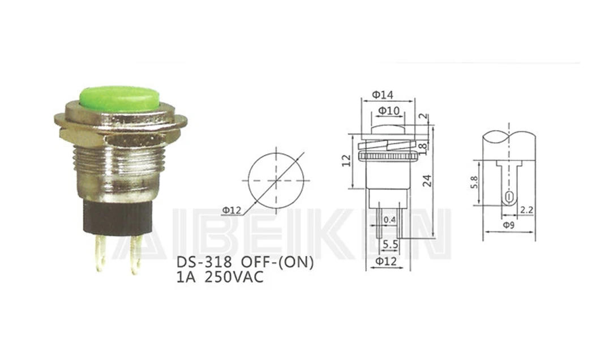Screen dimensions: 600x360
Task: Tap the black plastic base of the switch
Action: click(x=118, y=217)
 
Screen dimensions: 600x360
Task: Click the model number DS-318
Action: click(x=204, y=263)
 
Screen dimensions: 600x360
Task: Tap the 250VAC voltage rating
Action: click(x=234, y=277)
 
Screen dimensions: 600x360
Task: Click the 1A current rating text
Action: click(x=186, y=277)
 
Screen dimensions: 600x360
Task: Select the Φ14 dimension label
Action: click(x=383, y=95)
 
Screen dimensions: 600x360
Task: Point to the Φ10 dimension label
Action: click(x=389, y=111)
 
